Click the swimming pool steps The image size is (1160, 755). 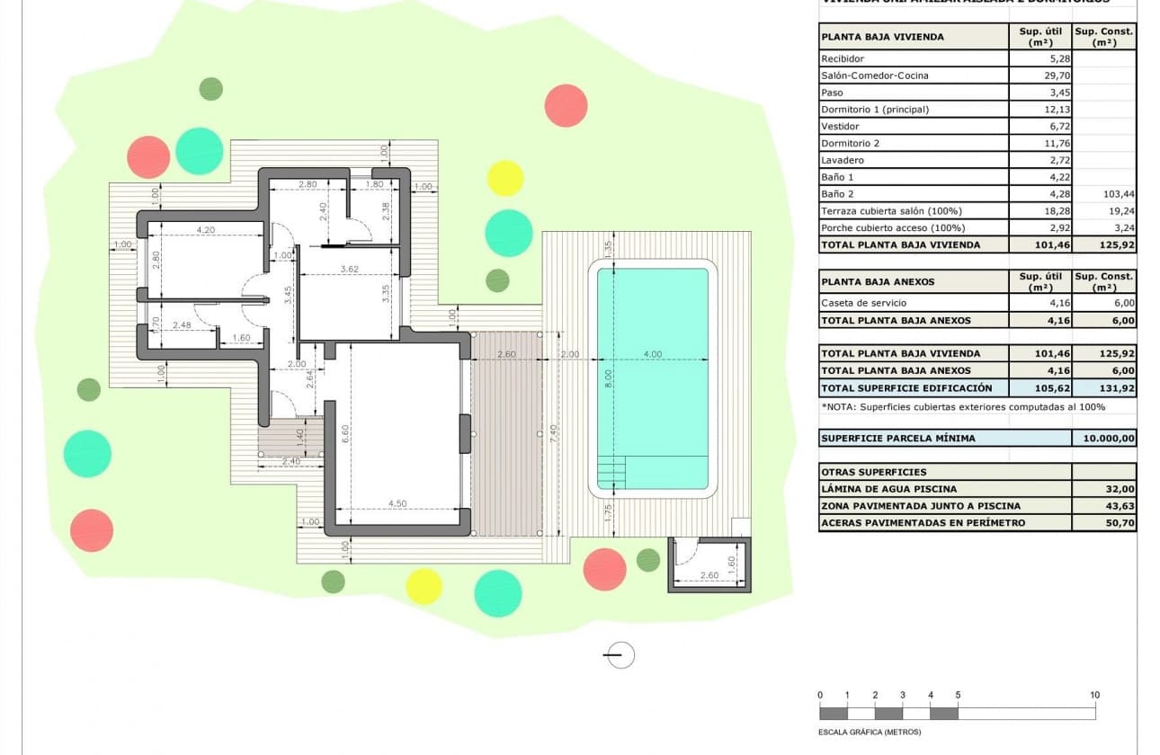612,469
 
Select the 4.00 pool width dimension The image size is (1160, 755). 653,354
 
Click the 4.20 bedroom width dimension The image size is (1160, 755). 205,230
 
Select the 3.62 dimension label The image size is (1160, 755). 349,269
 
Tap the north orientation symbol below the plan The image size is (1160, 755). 620,655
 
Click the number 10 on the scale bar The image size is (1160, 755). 1094,695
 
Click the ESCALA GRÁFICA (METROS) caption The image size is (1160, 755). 870,732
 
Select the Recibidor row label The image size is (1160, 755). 843,58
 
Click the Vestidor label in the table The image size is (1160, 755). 840,127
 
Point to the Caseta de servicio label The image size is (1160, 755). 863,303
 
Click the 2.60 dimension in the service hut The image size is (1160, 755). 709,575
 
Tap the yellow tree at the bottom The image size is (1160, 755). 424,586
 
